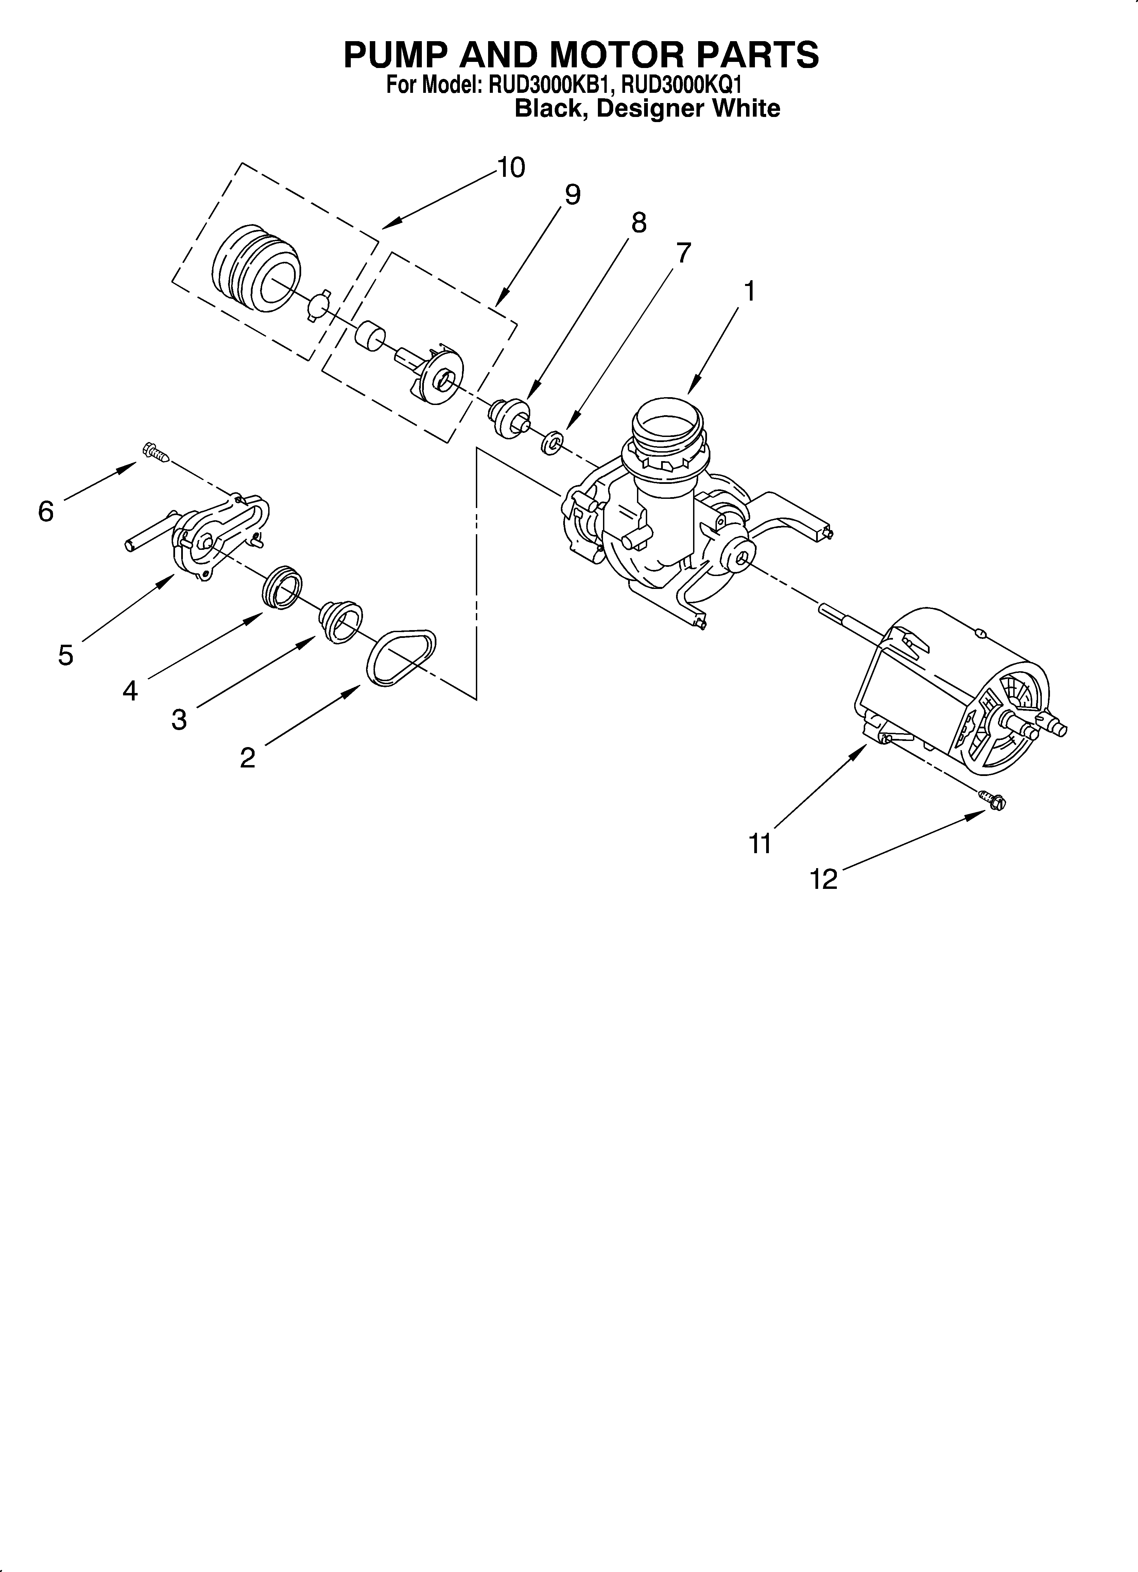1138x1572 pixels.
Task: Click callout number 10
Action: pos(511,168)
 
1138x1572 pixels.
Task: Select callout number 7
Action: pos(683,254)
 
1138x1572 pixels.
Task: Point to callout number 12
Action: pos(824,880)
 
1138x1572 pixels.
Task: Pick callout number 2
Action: pos(247,758)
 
